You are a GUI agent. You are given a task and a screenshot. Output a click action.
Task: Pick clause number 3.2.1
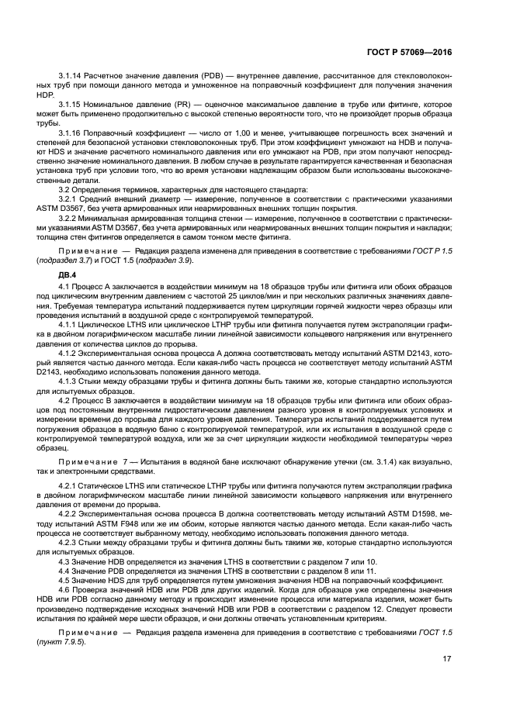click(x=69, y=199)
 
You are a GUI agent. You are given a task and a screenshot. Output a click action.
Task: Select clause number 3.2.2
click(x=69, y=219)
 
